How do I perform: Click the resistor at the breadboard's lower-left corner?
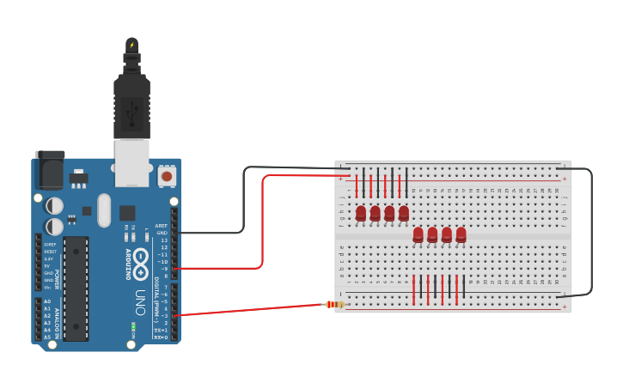coord(335,304)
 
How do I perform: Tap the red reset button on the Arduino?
coord(167,177)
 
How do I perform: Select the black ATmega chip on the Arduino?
coord(76,289)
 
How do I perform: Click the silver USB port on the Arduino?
coord(131,162)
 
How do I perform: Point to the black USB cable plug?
coord(131,103)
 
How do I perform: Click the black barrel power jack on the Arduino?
coord(50,169)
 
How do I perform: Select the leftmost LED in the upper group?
coord(361,212)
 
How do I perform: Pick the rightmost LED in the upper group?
coord(404,212)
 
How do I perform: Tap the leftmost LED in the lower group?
coord(418,234)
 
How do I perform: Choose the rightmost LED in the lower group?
coord(461,234)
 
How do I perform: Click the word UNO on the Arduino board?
coord(140,301)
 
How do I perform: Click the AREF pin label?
coord(162,225)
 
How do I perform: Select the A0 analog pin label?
coord(46,301)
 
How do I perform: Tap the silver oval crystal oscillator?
coord(104,210)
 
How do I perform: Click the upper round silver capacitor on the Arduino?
coord(53,205)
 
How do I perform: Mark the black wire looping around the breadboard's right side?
coord(591,232)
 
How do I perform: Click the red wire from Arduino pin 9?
coord(261,223)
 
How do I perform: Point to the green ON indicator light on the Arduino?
coord(133,326)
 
